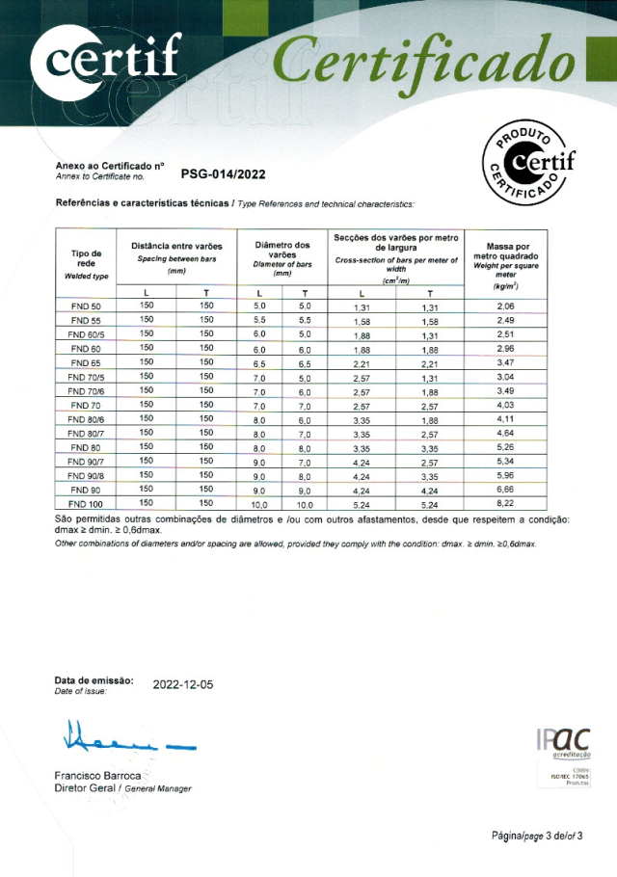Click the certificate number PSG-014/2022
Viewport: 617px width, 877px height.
click(223, 174)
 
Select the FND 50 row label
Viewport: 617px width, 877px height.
click(87, 306)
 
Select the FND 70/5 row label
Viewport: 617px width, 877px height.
click(87, 376)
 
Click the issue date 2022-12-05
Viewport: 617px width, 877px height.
click(183, 684)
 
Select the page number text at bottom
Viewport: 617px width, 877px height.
click(538, 836)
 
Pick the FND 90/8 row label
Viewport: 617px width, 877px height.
click(87, 475)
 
